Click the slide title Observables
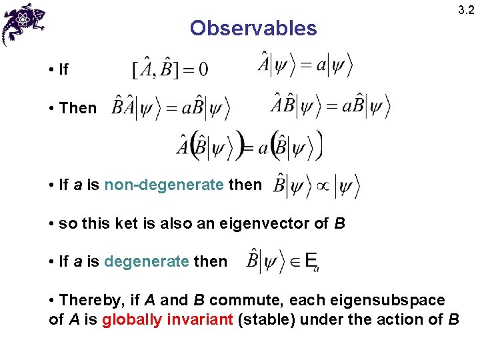(x=253, y=28)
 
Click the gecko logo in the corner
(x=23, y=23)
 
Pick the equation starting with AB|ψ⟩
(x=330, y=105)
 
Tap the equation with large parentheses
(x=249, y=145)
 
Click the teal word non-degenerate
(x=164, y=185)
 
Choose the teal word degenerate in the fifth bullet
(x=147, y=261)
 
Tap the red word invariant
(x=199, y=319)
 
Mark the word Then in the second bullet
(x=77, y=107)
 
